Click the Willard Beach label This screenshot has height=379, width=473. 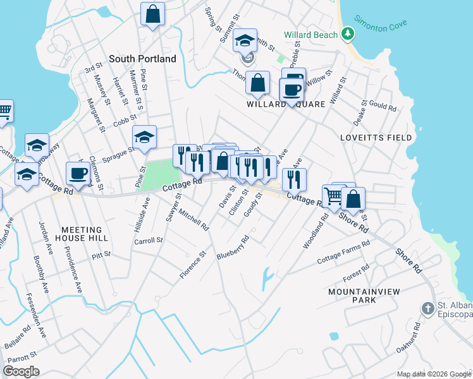310,35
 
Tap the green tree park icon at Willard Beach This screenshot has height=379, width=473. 347,33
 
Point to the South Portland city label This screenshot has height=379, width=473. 142,59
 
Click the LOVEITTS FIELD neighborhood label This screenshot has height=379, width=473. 376,138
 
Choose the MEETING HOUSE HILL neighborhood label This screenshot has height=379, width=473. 85,234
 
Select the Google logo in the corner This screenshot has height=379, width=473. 21,371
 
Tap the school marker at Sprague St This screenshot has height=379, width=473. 144,137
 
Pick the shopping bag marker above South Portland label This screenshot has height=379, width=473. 153,13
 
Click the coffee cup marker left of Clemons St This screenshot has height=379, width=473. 78,173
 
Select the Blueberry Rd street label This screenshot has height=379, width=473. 233,248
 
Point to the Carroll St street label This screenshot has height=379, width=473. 149,241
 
